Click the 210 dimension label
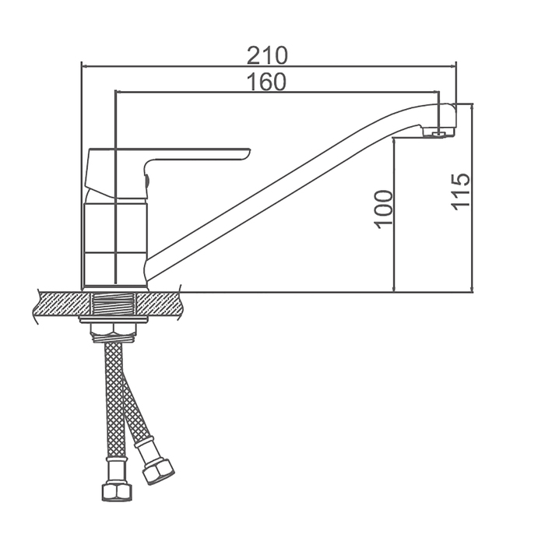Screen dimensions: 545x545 pos(267,55)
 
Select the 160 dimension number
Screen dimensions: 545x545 pos(266,82)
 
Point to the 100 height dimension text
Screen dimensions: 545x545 pos(384,209)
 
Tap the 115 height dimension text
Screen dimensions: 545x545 pos(461,192)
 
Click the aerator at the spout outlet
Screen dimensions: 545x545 pos(439,132)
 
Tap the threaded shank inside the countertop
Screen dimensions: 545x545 pos(114,304)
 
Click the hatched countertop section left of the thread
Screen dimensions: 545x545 pos(62,304)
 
